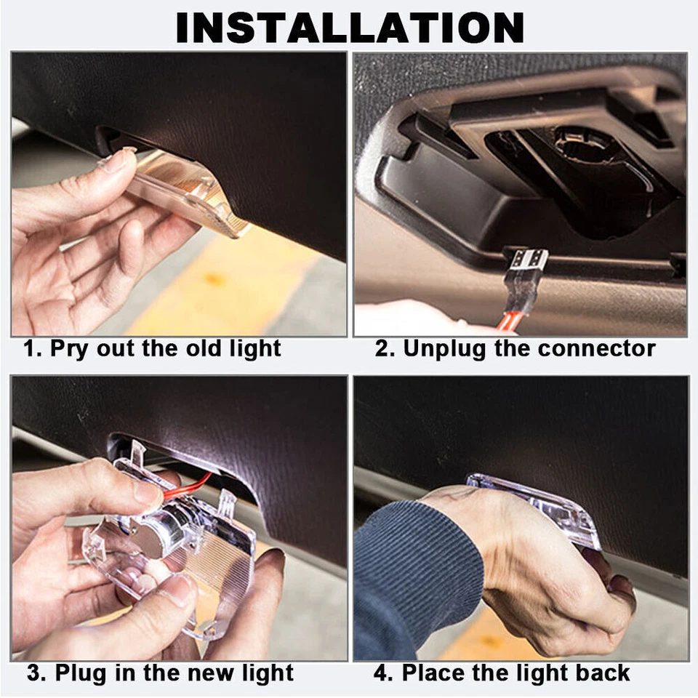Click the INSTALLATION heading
350,28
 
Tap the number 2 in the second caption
382,348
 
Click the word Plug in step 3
82,673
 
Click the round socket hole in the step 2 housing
584,142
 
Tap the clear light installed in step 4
534,508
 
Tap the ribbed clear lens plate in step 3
214,566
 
